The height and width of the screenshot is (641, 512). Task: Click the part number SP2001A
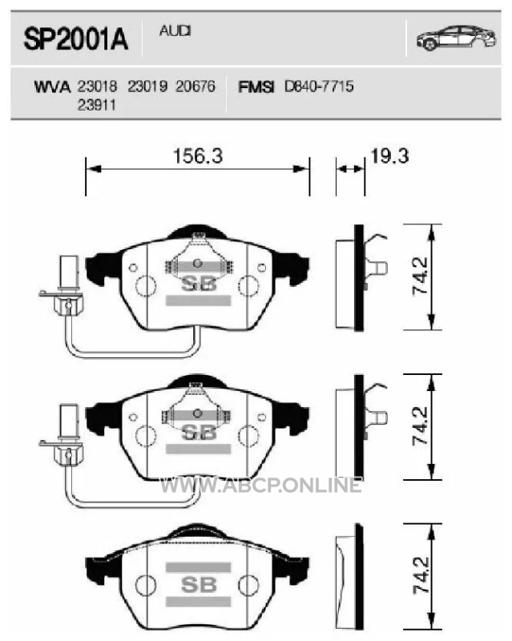point(76,39)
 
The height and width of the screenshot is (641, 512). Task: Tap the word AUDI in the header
point(175,30)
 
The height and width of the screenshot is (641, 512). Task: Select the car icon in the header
point(457,38)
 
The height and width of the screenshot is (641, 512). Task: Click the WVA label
point(52,87)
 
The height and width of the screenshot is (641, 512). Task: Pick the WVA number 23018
point(97,87)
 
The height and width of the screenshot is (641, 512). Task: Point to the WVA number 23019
point(147,87)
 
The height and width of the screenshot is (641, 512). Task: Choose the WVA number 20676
point(196,87)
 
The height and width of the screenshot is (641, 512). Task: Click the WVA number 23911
point(96,105)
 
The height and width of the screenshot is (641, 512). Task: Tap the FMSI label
point(256,87)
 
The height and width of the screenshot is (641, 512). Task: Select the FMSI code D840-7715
point(319,87)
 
